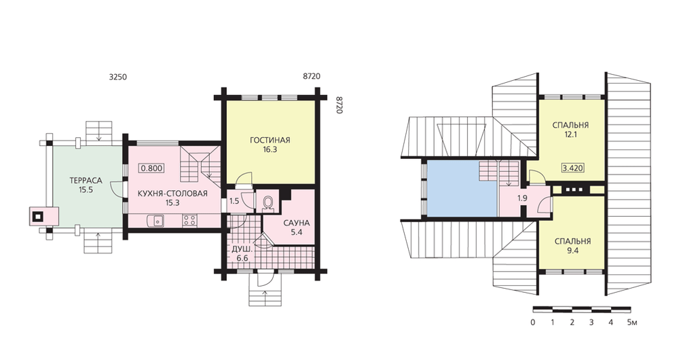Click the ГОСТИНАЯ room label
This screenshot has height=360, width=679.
click(270, 141)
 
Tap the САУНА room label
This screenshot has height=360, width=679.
click(297, 223)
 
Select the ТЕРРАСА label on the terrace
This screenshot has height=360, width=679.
click(86, 181)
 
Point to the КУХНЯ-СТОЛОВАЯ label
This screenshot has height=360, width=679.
click(172, 193)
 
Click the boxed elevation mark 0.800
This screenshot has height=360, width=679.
click(151, 168)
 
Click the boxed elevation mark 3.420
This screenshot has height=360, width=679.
click(572, 168)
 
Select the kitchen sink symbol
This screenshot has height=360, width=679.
click(156, 221)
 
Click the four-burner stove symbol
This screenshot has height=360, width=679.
click(189, 221)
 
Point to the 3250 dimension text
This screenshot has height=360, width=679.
click(117, 77)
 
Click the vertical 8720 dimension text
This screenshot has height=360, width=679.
click(339, 105)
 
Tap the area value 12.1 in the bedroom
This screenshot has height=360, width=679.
click(570, 134)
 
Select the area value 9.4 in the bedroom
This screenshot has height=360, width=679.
click(573, 251)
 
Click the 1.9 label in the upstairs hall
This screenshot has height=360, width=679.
click(522, 198)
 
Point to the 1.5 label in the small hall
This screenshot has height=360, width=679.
click(234, 201)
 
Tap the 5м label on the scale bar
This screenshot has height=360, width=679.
click(631, 323)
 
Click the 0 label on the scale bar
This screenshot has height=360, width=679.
click(532, 323)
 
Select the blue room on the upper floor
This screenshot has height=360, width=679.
click(462, 188)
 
